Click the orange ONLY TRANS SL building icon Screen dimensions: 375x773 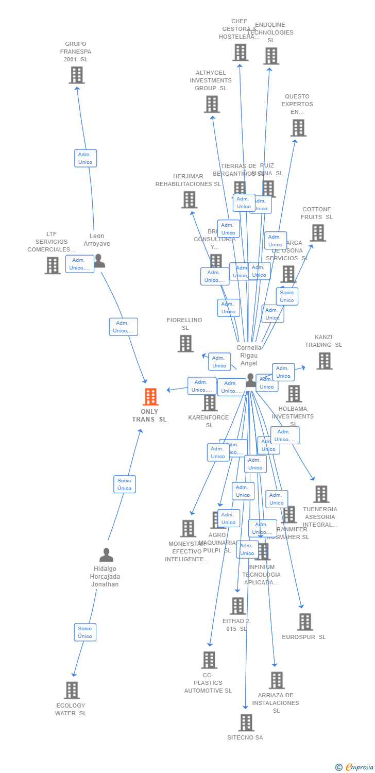(150, 397)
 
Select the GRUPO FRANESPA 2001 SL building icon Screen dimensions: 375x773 (77, 75)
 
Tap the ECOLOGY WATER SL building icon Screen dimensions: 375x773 (72, 690)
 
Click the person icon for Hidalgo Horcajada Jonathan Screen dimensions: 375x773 (106, 555)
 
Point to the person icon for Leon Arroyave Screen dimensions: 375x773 (99, 261)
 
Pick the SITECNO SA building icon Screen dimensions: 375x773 (246, 722)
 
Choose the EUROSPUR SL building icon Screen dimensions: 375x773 (305, 622)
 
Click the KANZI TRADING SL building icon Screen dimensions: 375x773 (325, 361)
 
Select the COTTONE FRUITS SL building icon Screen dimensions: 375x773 (318, 233)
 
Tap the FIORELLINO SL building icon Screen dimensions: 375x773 (185, 343)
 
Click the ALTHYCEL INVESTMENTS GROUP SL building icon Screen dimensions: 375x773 (212, 104)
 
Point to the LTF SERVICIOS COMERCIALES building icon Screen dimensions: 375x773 (53, 265)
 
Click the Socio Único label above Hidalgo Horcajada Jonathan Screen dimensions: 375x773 (124, 484)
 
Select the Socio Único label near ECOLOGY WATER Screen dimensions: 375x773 (85, 632)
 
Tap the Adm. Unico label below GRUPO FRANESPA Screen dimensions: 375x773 (85, 158)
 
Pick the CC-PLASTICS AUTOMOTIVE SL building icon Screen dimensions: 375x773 (209, 660)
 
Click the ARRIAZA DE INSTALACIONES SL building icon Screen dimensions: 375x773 (277, 680)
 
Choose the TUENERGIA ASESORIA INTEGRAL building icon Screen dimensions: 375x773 (321, 494)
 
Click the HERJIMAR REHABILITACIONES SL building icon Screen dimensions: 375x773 (190, 200)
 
